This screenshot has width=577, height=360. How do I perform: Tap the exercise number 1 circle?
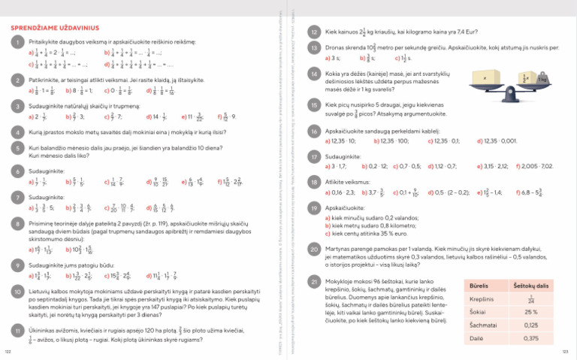tap(17, 43)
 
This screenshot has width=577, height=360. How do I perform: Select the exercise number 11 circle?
tap(17, 330)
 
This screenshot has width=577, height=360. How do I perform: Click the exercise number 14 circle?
tap(315, 73)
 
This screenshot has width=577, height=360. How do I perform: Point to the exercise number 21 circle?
tap(315, 280)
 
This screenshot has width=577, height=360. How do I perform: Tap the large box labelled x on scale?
tap(485, 78)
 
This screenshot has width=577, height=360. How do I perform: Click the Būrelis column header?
tap(479, 286)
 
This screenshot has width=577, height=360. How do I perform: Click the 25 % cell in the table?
tap(530, 312)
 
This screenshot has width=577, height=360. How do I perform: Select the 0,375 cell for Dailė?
tap(530, 339)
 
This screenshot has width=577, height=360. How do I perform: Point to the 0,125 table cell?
tap(530, 325)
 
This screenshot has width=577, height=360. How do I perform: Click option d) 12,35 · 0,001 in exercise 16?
tap(497, 141)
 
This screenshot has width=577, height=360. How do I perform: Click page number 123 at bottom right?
tap(565, 351)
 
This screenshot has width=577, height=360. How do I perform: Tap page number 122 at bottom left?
tap(8, 351)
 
